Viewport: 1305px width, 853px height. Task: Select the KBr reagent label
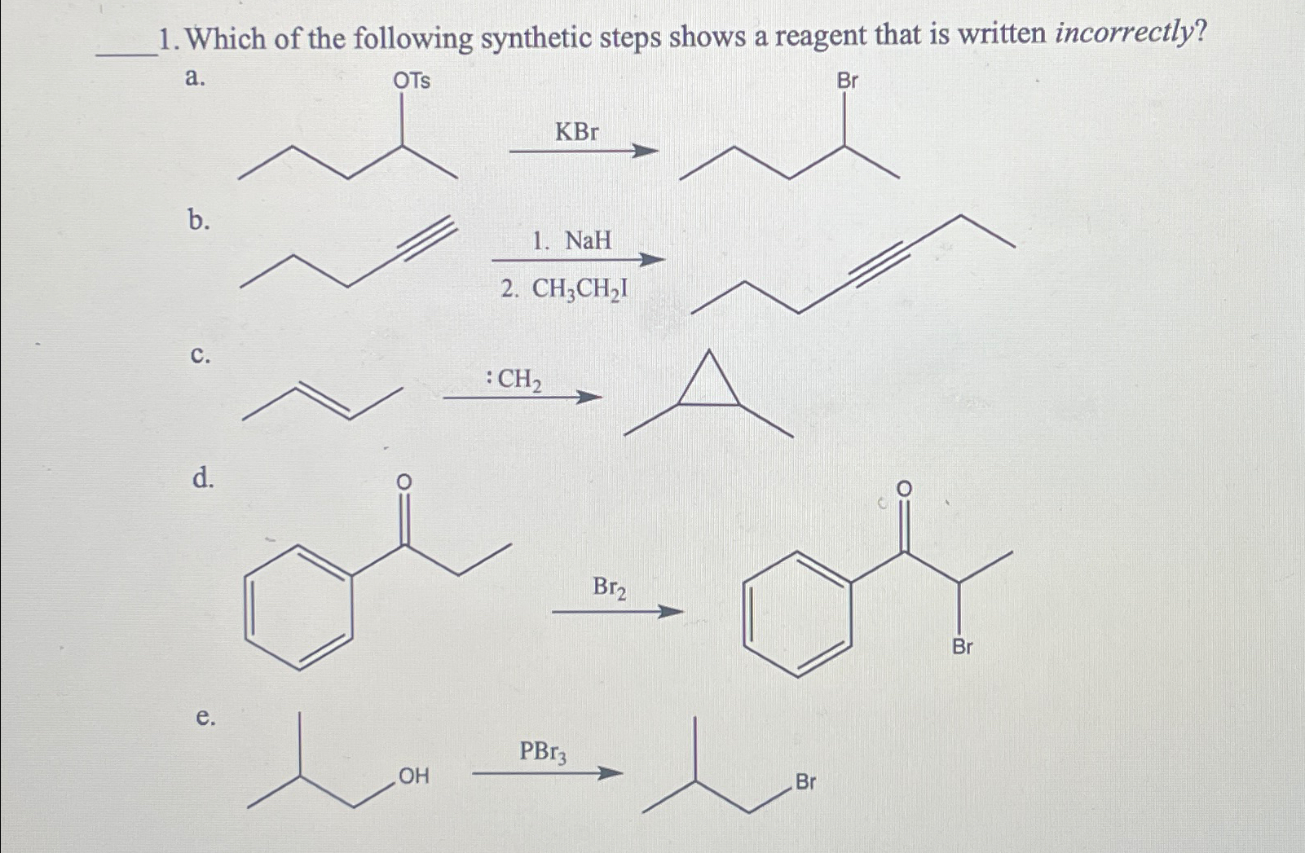[576, 131]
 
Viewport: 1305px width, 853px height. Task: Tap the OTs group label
[412, 81]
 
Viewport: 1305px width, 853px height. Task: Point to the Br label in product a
[848, 81]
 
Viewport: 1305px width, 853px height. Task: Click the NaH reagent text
[588, 240]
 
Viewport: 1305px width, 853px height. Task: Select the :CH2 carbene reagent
[514, 379]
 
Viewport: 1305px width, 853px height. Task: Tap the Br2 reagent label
[609, 587]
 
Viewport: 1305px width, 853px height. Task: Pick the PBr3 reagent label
[544, 752]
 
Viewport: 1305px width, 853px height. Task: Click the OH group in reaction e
[413, 776]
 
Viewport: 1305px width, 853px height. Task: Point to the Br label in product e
[805, 782]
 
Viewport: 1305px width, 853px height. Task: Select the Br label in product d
[962, 647]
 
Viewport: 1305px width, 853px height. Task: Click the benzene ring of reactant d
[299, 607]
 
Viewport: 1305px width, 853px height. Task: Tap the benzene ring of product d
[798, 613]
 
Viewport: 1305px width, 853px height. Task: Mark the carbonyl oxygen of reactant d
[403, 482]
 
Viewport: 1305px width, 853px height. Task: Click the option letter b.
[198, 219]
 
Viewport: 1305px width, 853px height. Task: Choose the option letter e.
[205, 717]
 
